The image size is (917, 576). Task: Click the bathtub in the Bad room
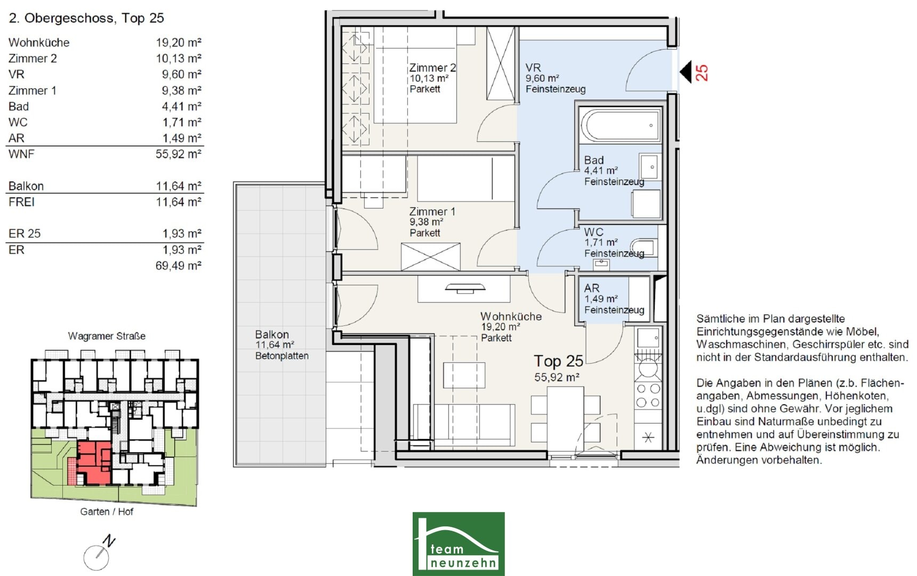(x=620, y=125)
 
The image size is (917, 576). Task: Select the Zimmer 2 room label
(x=432, y=68)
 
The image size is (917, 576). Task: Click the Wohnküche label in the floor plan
(x=511, y=316)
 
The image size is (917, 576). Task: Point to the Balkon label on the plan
(x=272, y=334)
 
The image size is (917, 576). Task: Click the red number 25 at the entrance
(x=702, y=72)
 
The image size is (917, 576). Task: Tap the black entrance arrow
(x=686, y=72)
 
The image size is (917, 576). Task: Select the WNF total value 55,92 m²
(x=179, y=154)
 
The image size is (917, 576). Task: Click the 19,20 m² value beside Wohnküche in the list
(x=179, y=42)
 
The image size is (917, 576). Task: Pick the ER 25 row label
(x=25, y=234)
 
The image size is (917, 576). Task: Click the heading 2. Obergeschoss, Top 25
(x=86, y=18)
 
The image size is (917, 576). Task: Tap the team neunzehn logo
(x=458, y=544)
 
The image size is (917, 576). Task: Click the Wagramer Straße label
(x=107, y=336)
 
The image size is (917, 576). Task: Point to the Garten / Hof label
(x=107, y=511)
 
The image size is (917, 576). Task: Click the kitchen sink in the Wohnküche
(x=648, y=338)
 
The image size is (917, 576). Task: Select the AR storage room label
(x=592, y=288)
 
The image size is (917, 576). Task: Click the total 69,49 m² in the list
(x=179, y=266)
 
